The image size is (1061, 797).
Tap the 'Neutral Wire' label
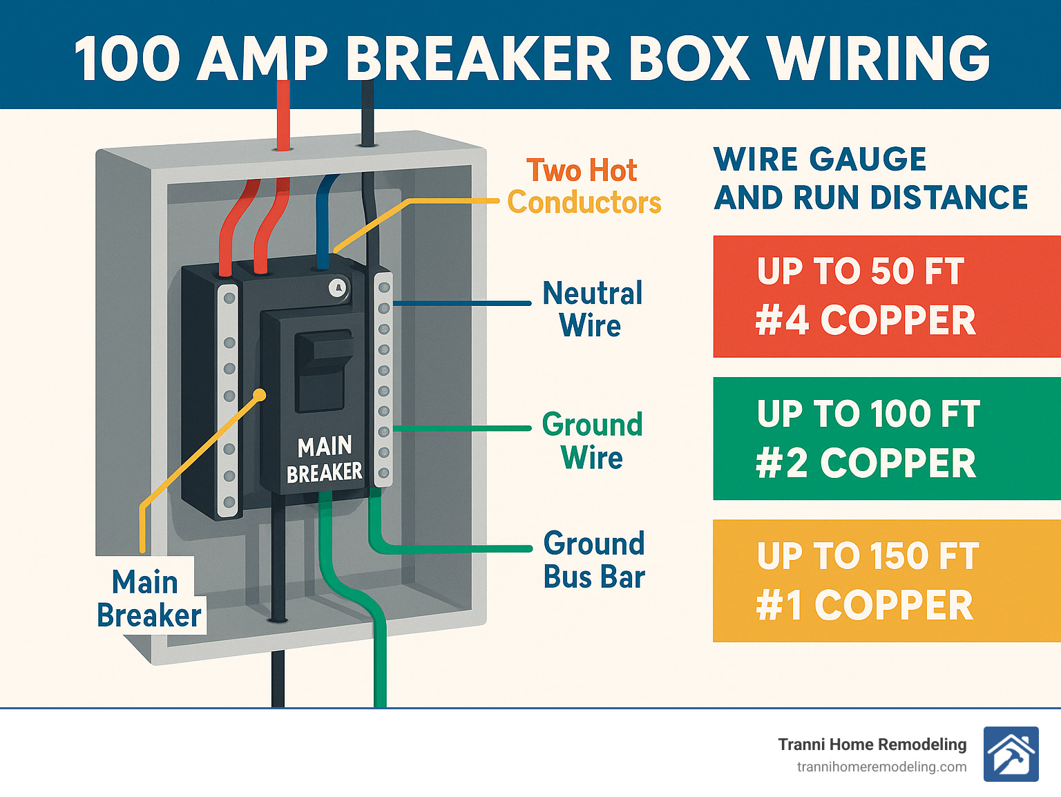pos(592,309)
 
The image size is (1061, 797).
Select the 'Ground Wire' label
pos(592,441)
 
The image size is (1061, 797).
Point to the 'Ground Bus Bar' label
pos(594,560)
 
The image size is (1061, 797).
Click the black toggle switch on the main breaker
pos(323,369)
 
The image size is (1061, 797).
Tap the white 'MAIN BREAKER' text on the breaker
pos(325,459)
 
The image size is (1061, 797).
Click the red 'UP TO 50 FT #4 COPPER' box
pos(886,296)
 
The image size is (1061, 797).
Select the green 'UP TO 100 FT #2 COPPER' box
pos(886,439)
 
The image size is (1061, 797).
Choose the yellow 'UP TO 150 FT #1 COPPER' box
pos(886,581)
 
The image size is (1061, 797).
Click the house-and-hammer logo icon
pos(1011,754)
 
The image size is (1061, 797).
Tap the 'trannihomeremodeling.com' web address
pos(881,767)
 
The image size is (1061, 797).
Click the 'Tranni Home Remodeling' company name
pos(872,745)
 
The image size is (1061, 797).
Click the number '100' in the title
pos(128,58)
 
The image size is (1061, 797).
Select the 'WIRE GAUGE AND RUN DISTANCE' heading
pos(870,178)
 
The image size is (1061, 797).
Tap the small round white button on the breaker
pos(337,288)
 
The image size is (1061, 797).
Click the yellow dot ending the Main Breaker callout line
pos(260,395)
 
